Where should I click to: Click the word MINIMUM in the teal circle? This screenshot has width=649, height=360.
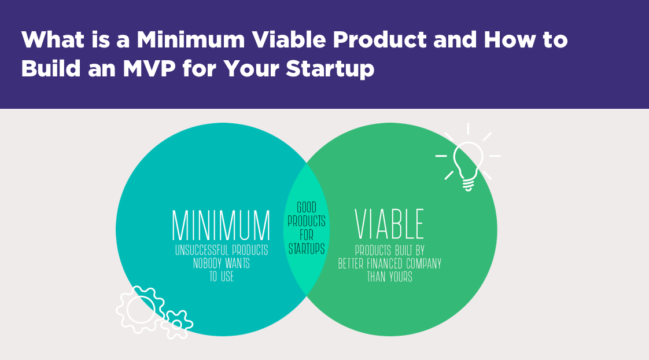pyautogui.click(x=221, y=225)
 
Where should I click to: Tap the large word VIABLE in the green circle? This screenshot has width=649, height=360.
pyautogui.click(x=389, y=224)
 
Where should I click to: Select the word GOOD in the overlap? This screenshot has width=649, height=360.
pyautogui.click(x=307, y=207)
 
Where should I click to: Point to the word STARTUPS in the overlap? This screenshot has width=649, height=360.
pyautogui.click(x=307, y=248)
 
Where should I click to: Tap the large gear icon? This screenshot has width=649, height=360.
pyautogui.click(x=141, y=310)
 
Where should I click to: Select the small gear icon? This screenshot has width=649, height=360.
pyautogui.click(x=177, y=324)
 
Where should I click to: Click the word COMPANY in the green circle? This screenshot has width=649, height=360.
pyautogui.click(x=424, y=264)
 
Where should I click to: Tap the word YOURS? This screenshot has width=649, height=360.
pyautogui.click(x=401, y=277)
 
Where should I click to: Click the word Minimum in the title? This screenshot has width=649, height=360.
pyautogui.click(x=191, y=40)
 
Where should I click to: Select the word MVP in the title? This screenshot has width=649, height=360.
pyautogui.click(x=149, y=68)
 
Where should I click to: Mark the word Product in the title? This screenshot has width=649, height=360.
pyautogui.click(x=379, y=40)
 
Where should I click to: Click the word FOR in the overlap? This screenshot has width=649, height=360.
pyautogui.click(x=307, y=236)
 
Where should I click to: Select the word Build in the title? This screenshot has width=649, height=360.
pyautogui.click(x=50, y=68)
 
